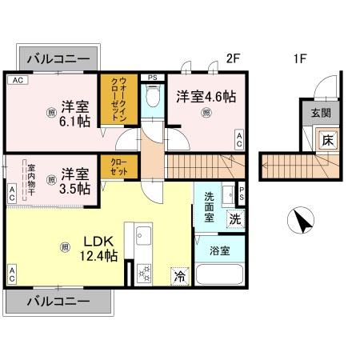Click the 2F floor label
click(233, 58)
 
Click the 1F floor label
click(300, 58)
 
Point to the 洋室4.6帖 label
click(206, 96)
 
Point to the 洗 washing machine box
click(235, 216)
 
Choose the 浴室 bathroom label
click(219, 250)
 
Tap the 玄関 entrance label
click(318, 112)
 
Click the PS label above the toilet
click(153, 77)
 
